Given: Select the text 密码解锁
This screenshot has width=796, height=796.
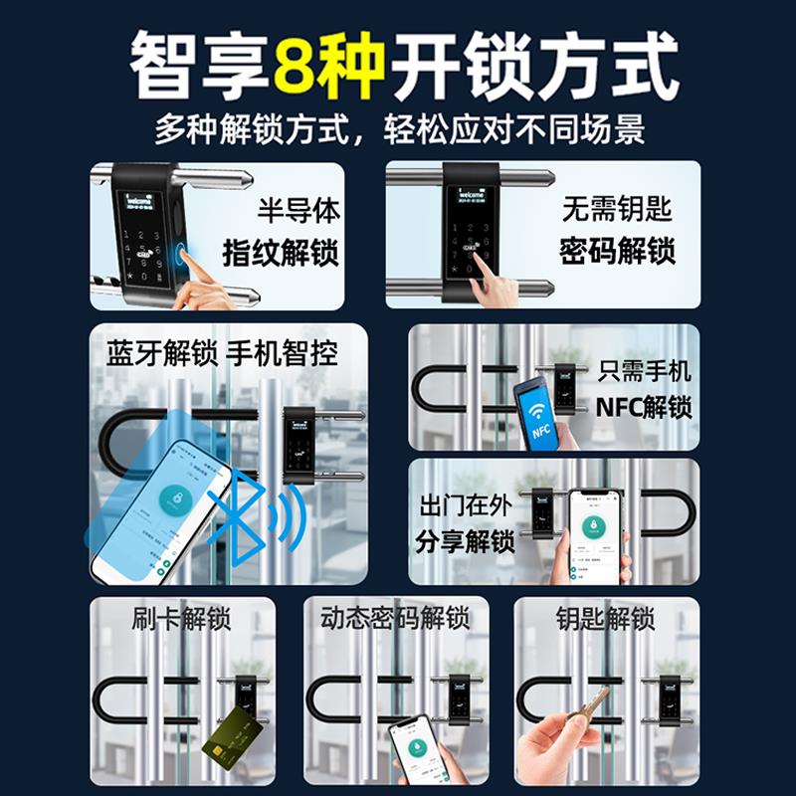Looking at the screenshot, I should (617, 251).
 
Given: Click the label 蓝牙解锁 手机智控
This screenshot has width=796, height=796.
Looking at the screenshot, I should (222, 352).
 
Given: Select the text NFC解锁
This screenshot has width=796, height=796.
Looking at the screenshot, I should (644, 408).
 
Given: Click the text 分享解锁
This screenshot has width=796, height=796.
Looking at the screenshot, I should (465, 542).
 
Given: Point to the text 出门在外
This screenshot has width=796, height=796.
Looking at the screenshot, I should (465, 505).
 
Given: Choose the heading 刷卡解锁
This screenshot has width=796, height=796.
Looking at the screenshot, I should (182, 619).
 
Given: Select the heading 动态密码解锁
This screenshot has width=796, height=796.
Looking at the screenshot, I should (395, 619).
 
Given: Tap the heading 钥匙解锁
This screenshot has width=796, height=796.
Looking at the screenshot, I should (605, 619).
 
